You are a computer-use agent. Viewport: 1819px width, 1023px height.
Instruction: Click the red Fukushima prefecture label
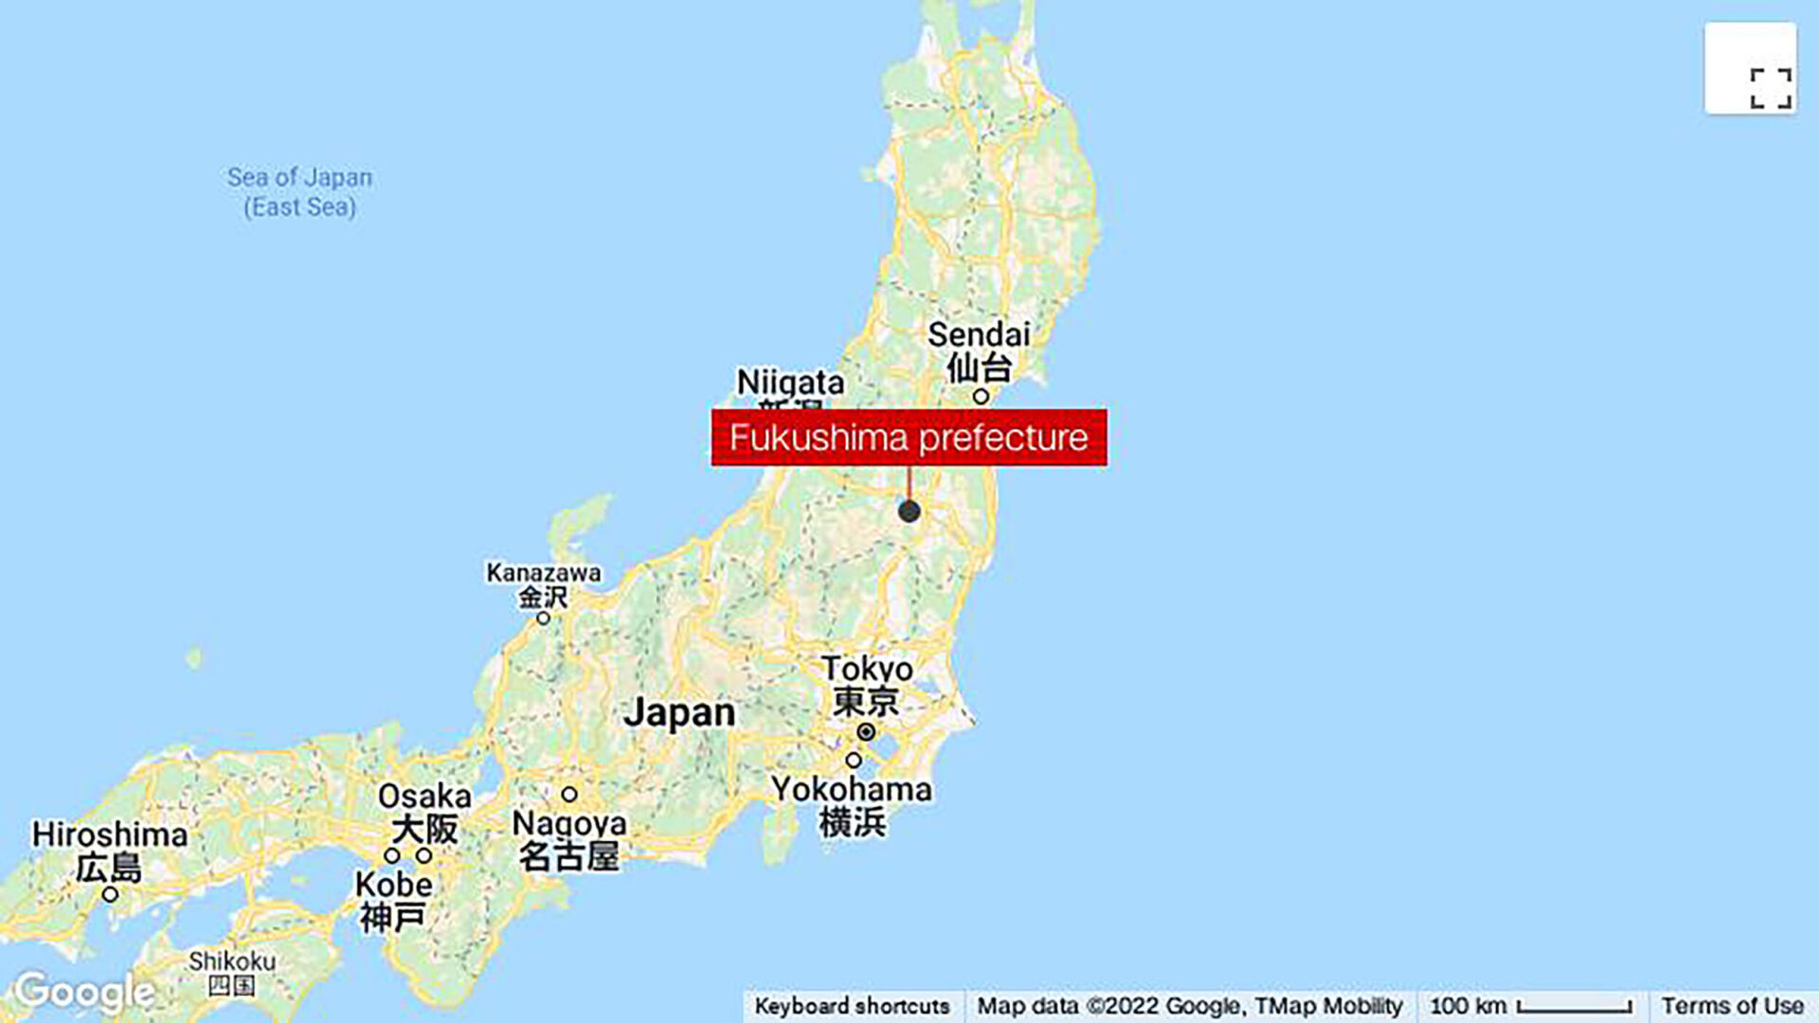(x=909, y=438)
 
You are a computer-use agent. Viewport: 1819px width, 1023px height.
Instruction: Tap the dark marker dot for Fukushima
(x=909, y=511)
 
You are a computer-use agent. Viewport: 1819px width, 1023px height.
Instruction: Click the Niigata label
(x=790, y=383)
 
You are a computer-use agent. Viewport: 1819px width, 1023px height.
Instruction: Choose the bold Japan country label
(x=679, y=712)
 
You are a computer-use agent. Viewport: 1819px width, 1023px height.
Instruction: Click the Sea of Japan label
(x=299, y=191)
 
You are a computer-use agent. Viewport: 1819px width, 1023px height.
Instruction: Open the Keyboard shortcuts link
(x=852, y=1006)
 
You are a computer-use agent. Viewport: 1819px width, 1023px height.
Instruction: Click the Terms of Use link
(x=1732, y=1006)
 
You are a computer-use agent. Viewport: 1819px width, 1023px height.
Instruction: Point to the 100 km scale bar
(x=1574, y=1007)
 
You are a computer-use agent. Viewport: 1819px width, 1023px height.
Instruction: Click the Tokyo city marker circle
(x=866, y=732)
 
